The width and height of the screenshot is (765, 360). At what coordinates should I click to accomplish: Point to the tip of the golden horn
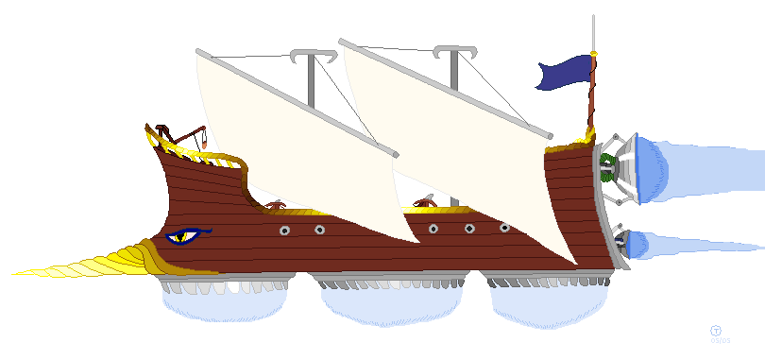tap(15, 274)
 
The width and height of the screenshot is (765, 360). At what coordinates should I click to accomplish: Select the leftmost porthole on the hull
tap(284, 231)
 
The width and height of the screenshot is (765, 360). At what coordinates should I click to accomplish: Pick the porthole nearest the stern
tap(504, 228)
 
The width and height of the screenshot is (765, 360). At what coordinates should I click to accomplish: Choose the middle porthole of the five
tap(433, 229)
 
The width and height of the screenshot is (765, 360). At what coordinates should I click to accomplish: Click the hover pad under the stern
tap(546, 300)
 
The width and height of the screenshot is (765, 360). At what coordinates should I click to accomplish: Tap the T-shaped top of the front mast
tap(314, 58)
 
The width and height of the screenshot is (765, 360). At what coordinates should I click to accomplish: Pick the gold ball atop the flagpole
tap(593, 53)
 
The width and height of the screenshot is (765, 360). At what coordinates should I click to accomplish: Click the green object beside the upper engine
tap(606, 171)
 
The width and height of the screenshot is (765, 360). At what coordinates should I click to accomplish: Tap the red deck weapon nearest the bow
tap(275, 205)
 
